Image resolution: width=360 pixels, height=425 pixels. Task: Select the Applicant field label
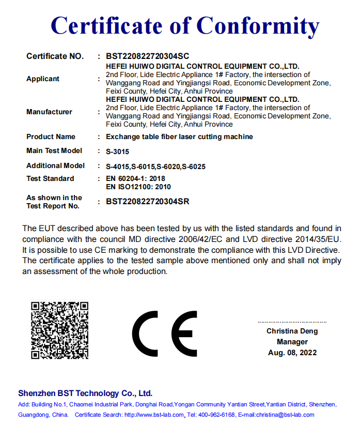tap(43, 79)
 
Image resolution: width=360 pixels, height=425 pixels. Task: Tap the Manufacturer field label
tap(49, 112)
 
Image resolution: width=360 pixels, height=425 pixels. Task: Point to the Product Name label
tap(51, 137)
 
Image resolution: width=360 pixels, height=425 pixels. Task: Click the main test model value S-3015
tap(117, 152)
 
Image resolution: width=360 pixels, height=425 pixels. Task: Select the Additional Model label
tap(55, 166)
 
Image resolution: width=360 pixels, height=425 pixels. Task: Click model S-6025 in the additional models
tap(194, 166)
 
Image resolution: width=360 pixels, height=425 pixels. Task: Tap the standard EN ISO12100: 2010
tap(138, 187)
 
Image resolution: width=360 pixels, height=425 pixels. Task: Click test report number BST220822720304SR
tap(147, 202)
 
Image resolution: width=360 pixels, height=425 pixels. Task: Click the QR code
tap(59, 330)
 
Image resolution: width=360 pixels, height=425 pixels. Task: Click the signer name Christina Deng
tap(292, 331)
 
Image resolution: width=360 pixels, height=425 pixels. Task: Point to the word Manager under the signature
tap(292, 342)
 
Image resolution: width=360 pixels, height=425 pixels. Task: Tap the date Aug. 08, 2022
tap(292, 353)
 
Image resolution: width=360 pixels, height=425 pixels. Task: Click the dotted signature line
tap(292, 322)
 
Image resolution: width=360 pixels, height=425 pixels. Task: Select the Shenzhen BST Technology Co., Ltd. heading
tap(85, 393)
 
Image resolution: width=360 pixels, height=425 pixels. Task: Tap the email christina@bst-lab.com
tap(284, 415)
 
